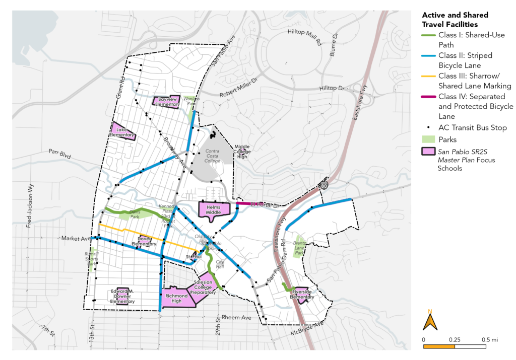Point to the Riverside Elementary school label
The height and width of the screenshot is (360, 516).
click(x=303, y=294)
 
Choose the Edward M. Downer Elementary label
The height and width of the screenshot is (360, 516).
click(x=123, y=296)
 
